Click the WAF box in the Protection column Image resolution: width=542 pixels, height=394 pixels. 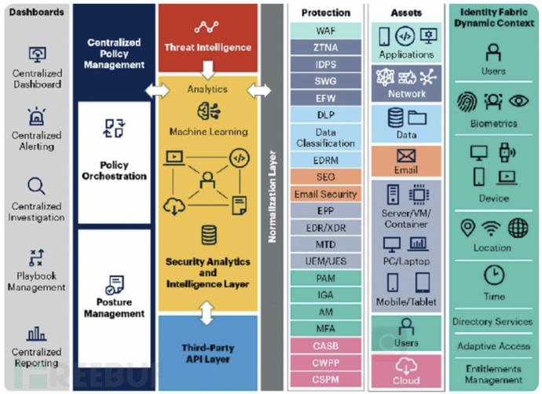pos(326,31)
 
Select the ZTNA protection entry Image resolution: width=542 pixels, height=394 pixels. pos(326,47)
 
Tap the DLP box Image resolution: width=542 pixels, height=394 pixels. pos(326,115)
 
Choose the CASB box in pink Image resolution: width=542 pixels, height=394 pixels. pos(326,346)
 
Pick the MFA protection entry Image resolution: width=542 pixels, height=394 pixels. pos(326,329)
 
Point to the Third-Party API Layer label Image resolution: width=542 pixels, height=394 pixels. pos(208,353)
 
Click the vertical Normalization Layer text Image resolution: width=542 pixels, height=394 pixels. pos(273,196)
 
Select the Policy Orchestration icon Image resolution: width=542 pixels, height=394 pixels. pos(115,129)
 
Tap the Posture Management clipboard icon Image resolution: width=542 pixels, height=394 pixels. pos(115,283)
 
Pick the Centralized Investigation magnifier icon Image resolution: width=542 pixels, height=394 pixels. pos(37,186)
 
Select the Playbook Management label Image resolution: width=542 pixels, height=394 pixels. pos(37,282)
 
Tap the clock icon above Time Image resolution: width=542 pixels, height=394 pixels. pos(493,275)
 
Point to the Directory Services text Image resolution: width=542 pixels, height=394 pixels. pos(493,322)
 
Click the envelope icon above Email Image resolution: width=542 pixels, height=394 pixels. pos(406,155)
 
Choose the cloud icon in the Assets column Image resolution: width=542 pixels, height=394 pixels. pos(406,365)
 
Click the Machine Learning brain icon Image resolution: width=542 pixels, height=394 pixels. pos(208,111)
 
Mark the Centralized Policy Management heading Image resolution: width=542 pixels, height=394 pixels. pos(115,53)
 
